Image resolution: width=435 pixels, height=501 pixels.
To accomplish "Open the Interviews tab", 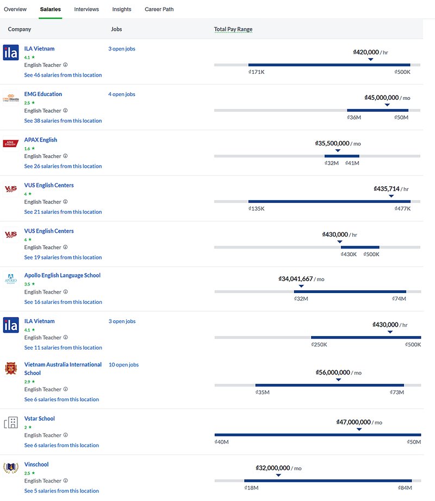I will coord(86,9).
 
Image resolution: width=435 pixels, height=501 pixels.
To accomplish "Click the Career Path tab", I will coord(159,9).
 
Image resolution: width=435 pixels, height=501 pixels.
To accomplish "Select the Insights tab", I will coord(122,9).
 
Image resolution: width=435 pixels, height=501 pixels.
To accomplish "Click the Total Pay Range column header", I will coord(233,29).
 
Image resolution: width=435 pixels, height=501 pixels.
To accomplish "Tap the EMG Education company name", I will coord(43,94).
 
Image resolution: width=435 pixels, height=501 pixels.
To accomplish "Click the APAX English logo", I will coord(11,143).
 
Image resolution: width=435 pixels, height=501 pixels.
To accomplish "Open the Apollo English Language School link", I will coord(63,276).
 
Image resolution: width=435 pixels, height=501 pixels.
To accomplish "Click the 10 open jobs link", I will coord(123,365).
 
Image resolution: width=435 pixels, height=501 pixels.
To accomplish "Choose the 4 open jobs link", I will coord(121,94).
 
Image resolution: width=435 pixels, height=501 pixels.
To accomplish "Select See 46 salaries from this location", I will coord(63,75).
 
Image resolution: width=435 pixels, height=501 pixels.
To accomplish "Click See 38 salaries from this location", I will coord(63,121).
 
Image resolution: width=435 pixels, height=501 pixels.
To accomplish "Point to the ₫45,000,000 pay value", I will coord(382,98).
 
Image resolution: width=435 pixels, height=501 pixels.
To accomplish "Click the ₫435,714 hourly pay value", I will coord(387,189).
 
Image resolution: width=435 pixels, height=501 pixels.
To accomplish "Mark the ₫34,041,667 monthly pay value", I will coord(296,279).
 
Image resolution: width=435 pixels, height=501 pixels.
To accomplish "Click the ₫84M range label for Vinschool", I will coord(404,488).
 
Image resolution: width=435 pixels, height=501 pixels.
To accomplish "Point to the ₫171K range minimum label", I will coord(256,72).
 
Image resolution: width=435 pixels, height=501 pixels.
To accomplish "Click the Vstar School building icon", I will coord(11,423).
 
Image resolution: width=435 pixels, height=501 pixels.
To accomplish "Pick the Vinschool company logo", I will coord(11,467).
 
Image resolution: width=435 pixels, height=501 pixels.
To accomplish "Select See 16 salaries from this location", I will coord(63,302).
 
